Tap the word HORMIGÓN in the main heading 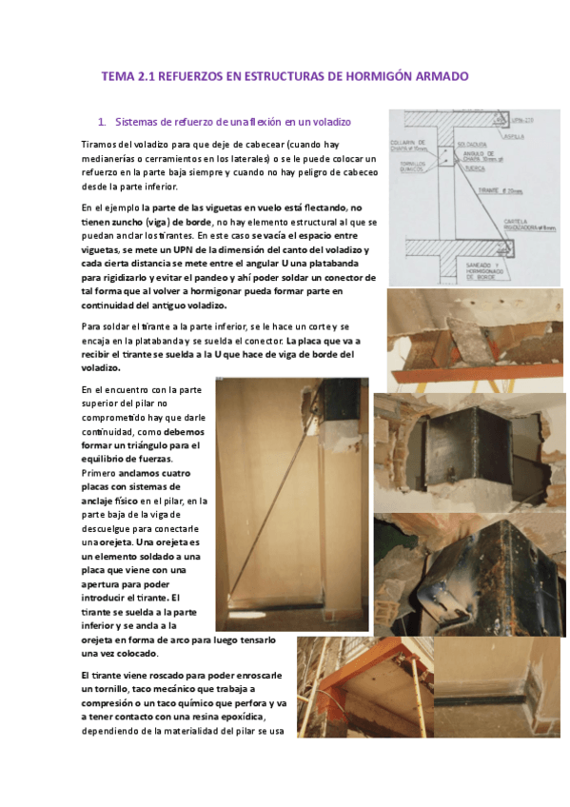pyautogui.click(x=370, y=76)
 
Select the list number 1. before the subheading pyautogui.click(x=103, y=122)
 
